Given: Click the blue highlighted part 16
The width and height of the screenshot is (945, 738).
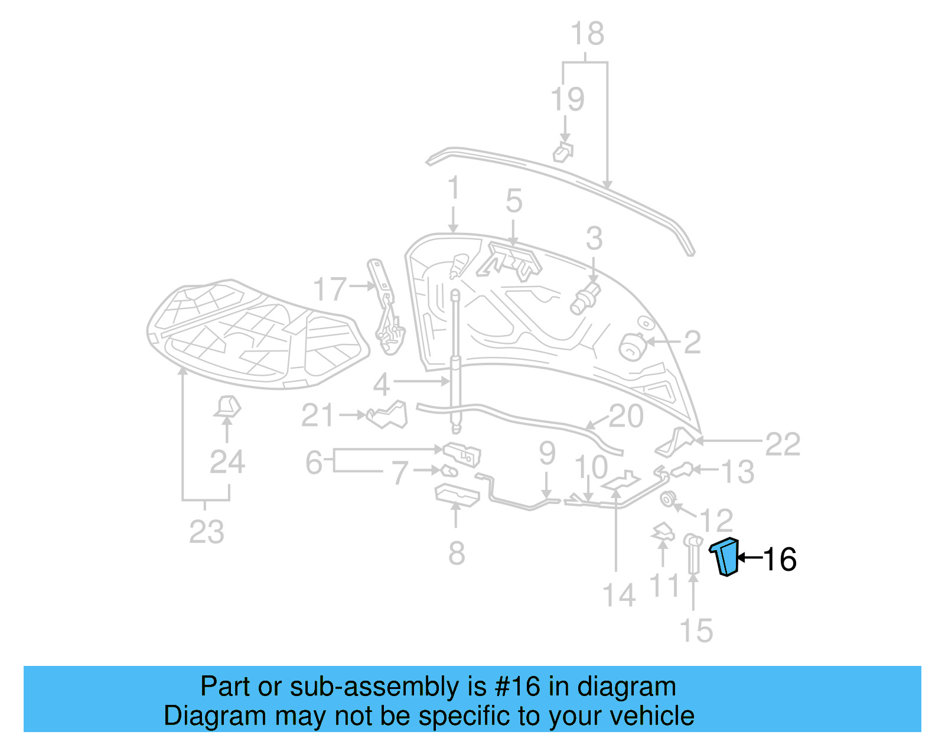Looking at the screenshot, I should pos(726,557).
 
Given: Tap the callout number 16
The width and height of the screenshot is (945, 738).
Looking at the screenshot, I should pos(780,559).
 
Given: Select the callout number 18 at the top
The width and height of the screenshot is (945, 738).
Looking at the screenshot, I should pos(587,34).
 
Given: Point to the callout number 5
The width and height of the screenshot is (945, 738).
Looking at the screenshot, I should pos(514,201).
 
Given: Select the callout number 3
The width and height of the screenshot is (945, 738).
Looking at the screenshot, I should pos(594,239).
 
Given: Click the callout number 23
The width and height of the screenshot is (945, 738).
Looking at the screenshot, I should pos(206,532).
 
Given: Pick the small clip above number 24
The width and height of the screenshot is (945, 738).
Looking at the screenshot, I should pos(227,407).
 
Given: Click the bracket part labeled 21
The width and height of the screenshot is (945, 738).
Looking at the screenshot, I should pos(388,414).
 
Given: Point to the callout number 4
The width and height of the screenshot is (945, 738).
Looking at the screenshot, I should pos(381,385).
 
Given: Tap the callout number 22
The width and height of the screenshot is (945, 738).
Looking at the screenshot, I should pos(783,444).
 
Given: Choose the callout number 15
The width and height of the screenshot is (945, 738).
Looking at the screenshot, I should pos(696,630).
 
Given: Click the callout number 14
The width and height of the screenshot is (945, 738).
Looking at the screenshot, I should pos(618,595).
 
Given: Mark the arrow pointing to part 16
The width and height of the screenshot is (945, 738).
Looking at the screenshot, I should pos(749,557).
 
